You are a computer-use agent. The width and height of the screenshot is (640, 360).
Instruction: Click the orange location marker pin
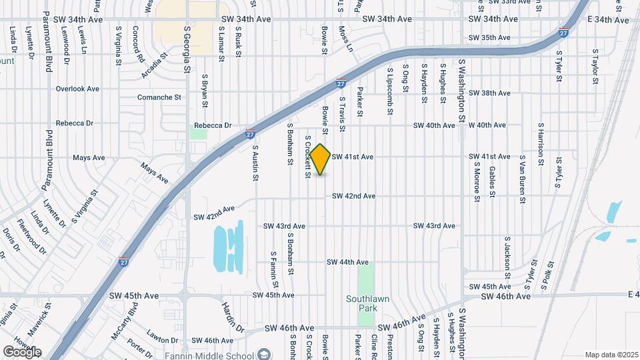click(x=321, y=159)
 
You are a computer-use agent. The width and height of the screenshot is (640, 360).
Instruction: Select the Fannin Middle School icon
click(x=265, y=353)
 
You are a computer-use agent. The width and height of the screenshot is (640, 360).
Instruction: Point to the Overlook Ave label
click(x=77, y=89)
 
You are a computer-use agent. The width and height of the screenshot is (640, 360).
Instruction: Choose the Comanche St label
click(x=159, y=97)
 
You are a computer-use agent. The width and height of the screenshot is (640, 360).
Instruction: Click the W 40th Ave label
click(x=487, y=125)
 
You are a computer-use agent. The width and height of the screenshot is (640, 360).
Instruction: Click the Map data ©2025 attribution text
click(x=611, y=354)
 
